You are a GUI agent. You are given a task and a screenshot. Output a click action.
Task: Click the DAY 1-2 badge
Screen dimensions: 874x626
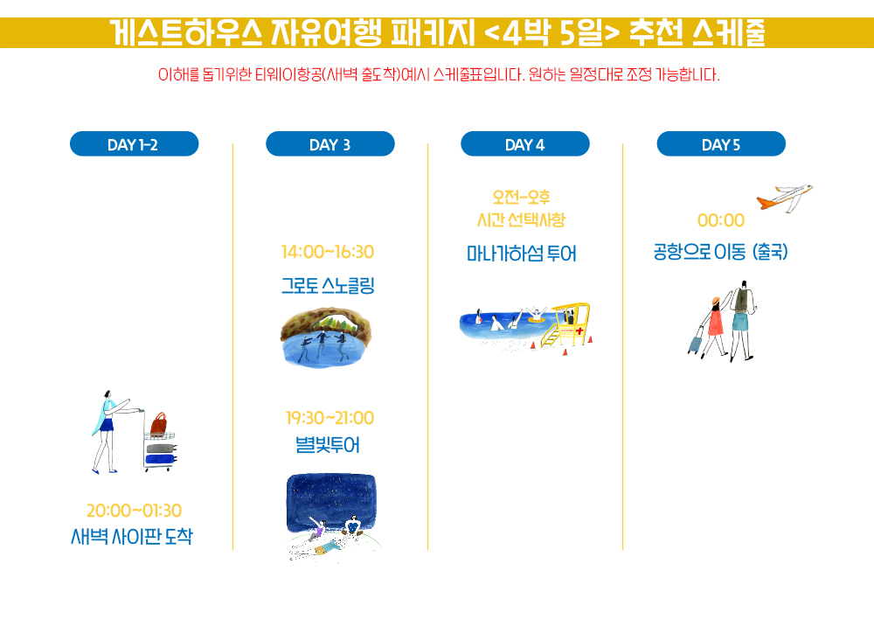pyautogui.click(x=134, y=143)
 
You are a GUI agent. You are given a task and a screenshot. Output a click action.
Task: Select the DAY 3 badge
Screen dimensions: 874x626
pyautogui.click(x=330, y=143)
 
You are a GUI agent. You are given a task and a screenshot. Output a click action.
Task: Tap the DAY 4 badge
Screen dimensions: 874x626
pyautogui.click(x=525, y=143)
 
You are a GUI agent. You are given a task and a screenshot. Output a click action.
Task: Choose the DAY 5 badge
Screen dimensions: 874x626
pyautogui.click(x=721, y=143)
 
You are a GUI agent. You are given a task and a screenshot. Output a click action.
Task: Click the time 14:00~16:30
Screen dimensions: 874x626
pyautogui.click(x=328, y=252)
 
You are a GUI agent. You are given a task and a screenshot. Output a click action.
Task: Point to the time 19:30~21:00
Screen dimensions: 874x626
pyautogui.click(x=329, y=418)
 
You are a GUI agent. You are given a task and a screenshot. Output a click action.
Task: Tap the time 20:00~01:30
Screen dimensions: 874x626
pyautogui.click(x=134, y=510)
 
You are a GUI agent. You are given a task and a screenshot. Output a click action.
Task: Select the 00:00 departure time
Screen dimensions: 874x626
pyautogui.click(x=721, y=220)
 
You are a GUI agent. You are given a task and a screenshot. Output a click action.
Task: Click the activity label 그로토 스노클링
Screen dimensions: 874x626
pyautogui.click(x=328, y=285)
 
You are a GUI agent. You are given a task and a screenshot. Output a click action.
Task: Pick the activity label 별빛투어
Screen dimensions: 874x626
pyautogui.click(x=328, y=445)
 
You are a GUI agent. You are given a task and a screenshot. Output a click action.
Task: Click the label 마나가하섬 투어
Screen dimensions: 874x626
pyautogui.click(x=522, y=254)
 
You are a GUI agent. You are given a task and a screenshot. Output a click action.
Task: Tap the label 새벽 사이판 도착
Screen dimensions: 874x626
pyautogui.click(x=132, y=536)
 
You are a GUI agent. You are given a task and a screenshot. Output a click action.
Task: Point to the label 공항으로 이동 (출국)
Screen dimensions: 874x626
pyautogui.click(x=721, y=252)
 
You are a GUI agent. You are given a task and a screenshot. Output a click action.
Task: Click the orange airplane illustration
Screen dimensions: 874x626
pyautogui.click(x=785, y=198)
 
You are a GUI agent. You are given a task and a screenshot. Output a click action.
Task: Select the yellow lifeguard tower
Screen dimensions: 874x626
pyautogui.click(x=569, y=323)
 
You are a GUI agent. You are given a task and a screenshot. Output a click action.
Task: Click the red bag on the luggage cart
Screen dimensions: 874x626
pyautogui.click(x=159, y=424)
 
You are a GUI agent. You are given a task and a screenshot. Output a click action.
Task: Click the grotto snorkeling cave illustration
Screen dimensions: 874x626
pyautogui.click(x=326, y=336)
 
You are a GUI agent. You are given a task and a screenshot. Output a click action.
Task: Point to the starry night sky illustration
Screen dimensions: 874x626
pyautogui.click(x=331, y=502)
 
